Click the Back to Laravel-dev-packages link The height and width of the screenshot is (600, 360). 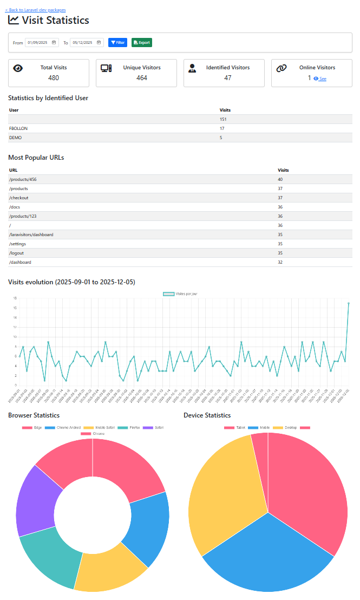35,10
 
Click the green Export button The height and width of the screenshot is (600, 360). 141,42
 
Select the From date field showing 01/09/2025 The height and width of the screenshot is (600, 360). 42,42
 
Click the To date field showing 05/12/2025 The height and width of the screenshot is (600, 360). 87,42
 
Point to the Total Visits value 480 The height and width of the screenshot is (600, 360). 54,78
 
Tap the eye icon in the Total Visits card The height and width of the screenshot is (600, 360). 18,68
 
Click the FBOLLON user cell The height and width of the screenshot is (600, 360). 19,128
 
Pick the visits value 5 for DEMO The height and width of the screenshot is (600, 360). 221,138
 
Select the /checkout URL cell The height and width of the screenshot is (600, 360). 19,198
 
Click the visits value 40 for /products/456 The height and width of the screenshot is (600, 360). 280,179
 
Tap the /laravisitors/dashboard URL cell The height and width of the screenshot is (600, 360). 31,234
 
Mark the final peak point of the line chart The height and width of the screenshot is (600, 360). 349,303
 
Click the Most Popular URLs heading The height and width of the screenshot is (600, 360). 36,158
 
